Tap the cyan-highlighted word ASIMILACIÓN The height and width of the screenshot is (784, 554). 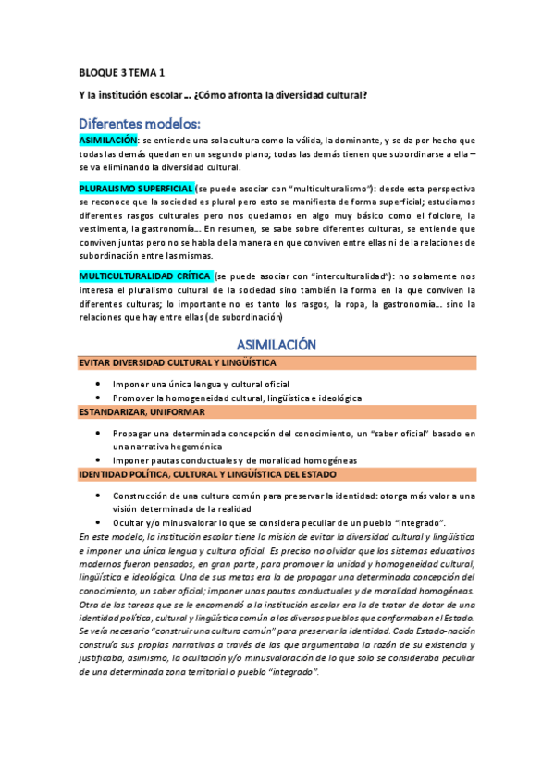pos(108,140)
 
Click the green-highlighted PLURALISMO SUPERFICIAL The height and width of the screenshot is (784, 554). pos(136,188)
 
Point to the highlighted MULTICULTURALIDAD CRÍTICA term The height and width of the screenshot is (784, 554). pos(145,276)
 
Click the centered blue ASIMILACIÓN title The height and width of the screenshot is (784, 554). pos(277,344)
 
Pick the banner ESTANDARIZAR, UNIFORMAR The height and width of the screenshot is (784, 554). pos(142,411)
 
